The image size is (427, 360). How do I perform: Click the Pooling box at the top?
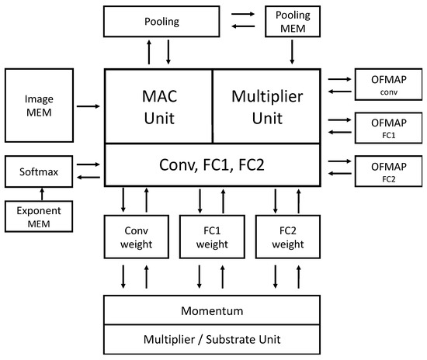tap(158, 20)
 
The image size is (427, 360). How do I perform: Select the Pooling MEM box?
tap(292, 20)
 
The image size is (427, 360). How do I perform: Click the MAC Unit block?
tap(158, 106)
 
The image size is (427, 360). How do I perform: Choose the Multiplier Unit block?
tap(266, 106)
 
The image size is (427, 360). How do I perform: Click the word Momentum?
tap(212, 310)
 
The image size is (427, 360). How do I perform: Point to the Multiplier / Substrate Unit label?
tap(212, 340)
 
